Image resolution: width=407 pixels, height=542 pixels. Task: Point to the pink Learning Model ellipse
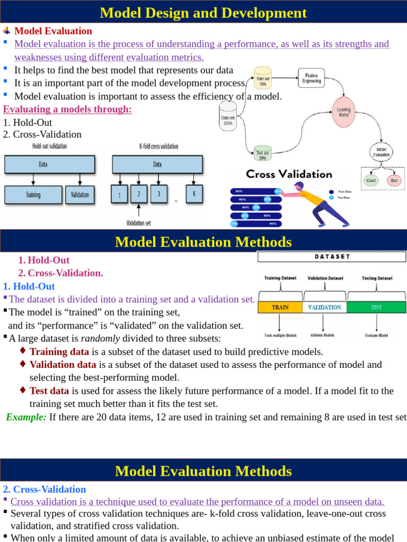(x=344, y=112)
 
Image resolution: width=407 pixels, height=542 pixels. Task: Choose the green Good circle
(x=370, y=180)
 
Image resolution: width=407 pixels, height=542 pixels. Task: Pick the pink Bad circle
(x=394, y=180)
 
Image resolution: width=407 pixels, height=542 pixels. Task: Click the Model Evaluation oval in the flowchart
(x=382, y=152)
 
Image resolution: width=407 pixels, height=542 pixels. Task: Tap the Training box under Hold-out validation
(x=33, y=194)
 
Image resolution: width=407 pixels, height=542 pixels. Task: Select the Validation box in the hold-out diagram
(x=80, y=194)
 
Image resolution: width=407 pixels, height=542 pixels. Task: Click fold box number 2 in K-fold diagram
(x=139, y=194)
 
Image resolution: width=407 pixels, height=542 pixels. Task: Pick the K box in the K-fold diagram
(x=194, y=194)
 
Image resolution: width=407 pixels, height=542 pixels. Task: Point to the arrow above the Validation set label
(x=139, y=211)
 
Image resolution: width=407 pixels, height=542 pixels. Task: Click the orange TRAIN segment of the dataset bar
(x=280, y=307)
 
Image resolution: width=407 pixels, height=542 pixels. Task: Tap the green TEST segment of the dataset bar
(x=376, y=307)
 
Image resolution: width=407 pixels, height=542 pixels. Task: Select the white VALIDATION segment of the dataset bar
(x=324, y=307)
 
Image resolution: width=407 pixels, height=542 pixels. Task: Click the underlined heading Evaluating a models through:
(x=67, y=109)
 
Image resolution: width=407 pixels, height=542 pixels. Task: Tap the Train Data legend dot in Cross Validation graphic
(x=332, y=192)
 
